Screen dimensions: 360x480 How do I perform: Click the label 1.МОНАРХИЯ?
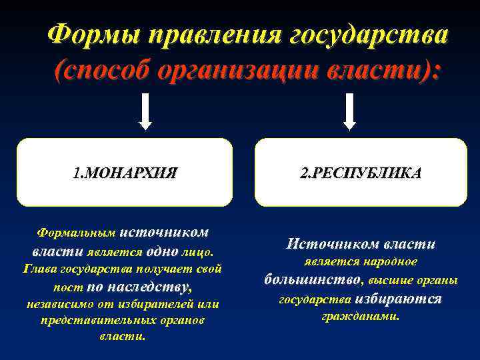coord(125,174)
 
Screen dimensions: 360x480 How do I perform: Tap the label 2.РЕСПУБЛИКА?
coord(361,174)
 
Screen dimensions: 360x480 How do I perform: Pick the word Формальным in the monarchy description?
coord(76,234)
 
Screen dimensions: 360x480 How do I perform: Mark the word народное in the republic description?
coord(390,261)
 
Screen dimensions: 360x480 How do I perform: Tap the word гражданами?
coord(361,316)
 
